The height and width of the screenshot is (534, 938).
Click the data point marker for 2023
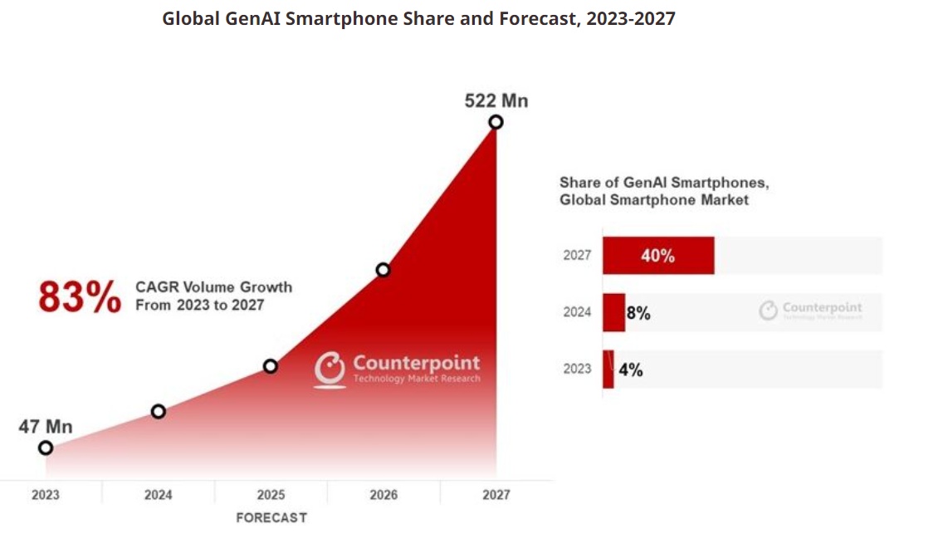46,448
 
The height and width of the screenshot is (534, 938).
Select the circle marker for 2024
159,411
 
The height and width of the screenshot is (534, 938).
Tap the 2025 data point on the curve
271,365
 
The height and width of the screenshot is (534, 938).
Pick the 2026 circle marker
383,270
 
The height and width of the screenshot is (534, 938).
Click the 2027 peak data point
496,122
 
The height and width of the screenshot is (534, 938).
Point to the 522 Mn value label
496,101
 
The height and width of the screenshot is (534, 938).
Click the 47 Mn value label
46,427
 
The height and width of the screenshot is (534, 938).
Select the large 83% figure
80,297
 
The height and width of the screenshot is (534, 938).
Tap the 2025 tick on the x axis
271,495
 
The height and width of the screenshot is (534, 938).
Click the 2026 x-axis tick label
384,495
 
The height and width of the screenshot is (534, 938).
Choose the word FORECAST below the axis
271,517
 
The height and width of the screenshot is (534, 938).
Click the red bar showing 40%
658,256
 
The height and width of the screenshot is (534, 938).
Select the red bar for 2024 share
613,312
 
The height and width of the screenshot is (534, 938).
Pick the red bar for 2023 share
608,370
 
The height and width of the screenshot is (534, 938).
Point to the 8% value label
638,314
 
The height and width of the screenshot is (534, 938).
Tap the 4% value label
631,370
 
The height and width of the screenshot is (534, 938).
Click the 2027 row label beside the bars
577,256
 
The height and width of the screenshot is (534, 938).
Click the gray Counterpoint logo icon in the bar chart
769,311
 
